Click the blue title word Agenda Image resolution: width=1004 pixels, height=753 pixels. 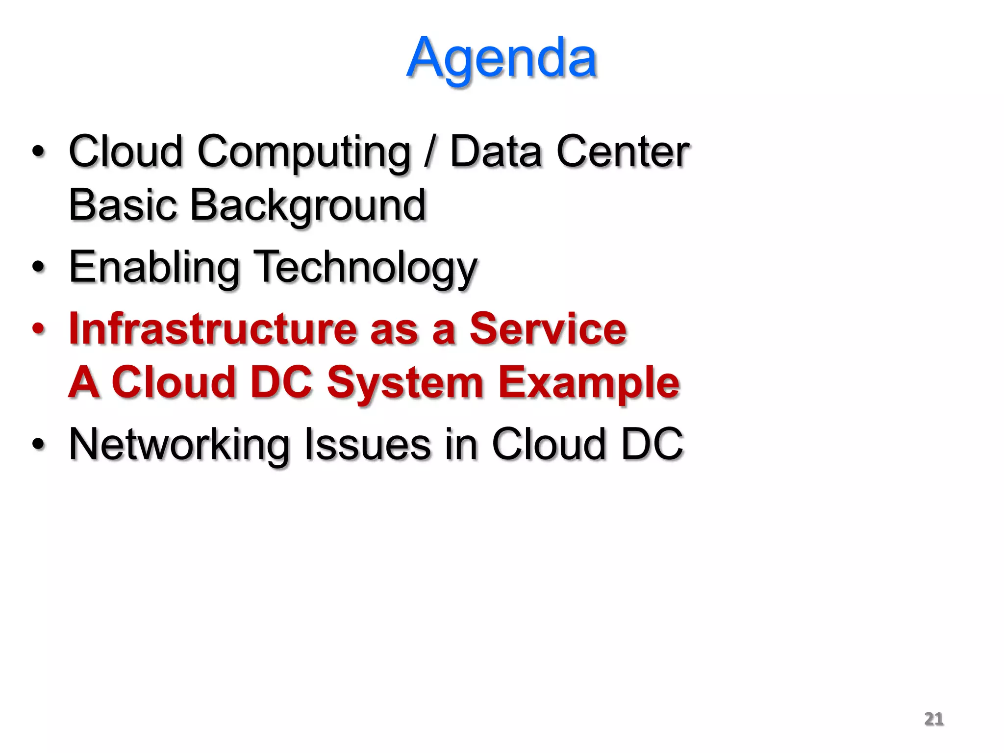coord(501,59)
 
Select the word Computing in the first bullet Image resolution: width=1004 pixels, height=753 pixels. coord(303,152)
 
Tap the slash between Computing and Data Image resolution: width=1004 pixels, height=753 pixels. coord(430,151)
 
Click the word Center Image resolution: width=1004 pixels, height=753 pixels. coord(623,151)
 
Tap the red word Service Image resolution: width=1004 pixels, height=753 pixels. coord(548,329)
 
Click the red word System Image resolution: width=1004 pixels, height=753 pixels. coord(405,383)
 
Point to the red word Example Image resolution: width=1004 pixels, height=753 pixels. coord(589,383)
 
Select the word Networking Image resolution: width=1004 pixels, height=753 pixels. coord(179,445)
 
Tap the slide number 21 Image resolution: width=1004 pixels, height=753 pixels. coord(933,719)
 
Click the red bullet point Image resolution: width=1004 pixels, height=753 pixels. coord(38,329)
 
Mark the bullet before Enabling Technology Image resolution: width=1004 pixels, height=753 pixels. coord(38,267)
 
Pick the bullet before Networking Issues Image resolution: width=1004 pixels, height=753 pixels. coord(38,444)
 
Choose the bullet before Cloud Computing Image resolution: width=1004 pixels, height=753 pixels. coord(38,151)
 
